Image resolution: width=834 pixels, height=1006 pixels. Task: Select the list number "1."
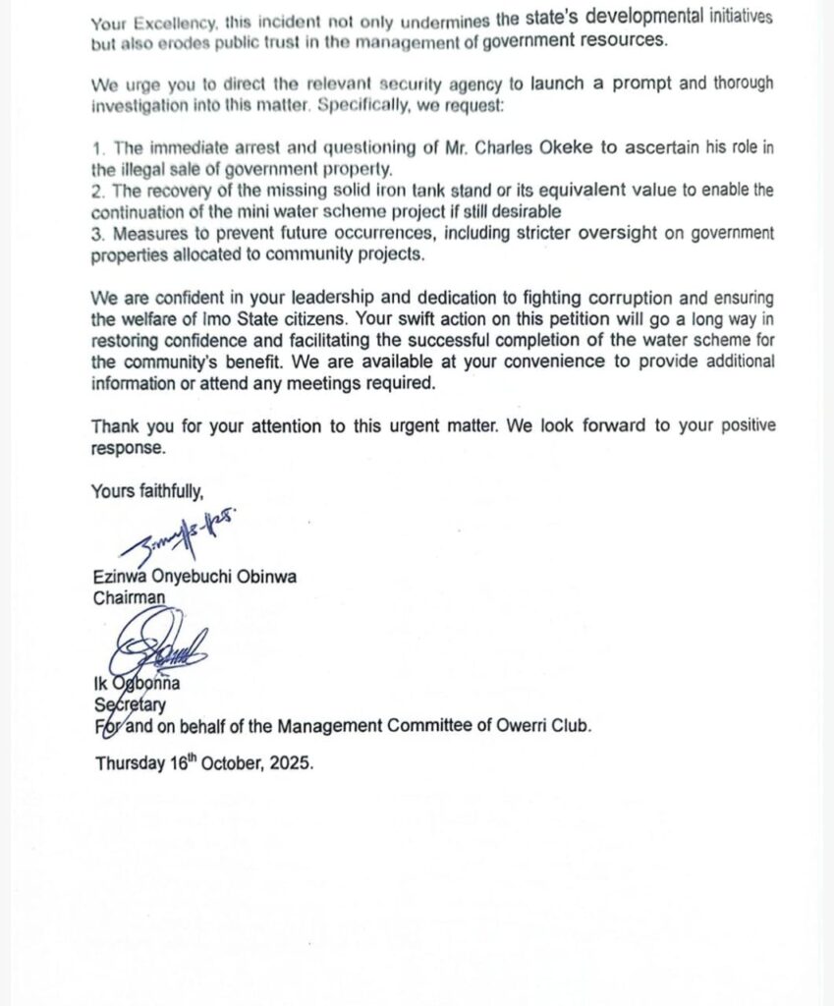(97, 148)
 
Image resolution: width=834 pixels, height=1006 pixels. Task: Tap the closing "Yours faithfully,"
(147, 490)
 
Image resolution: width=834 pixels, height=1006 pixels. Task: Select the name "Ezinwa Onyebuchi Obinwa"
(195, 577)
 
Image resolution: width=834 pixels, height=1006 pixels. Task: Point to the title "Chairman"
(129, 596)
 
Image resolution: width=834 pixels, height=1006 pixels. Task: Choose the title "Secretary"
(130, 704)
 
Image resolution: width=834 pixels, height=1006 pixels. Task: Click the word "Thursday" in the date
(129, 762)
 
